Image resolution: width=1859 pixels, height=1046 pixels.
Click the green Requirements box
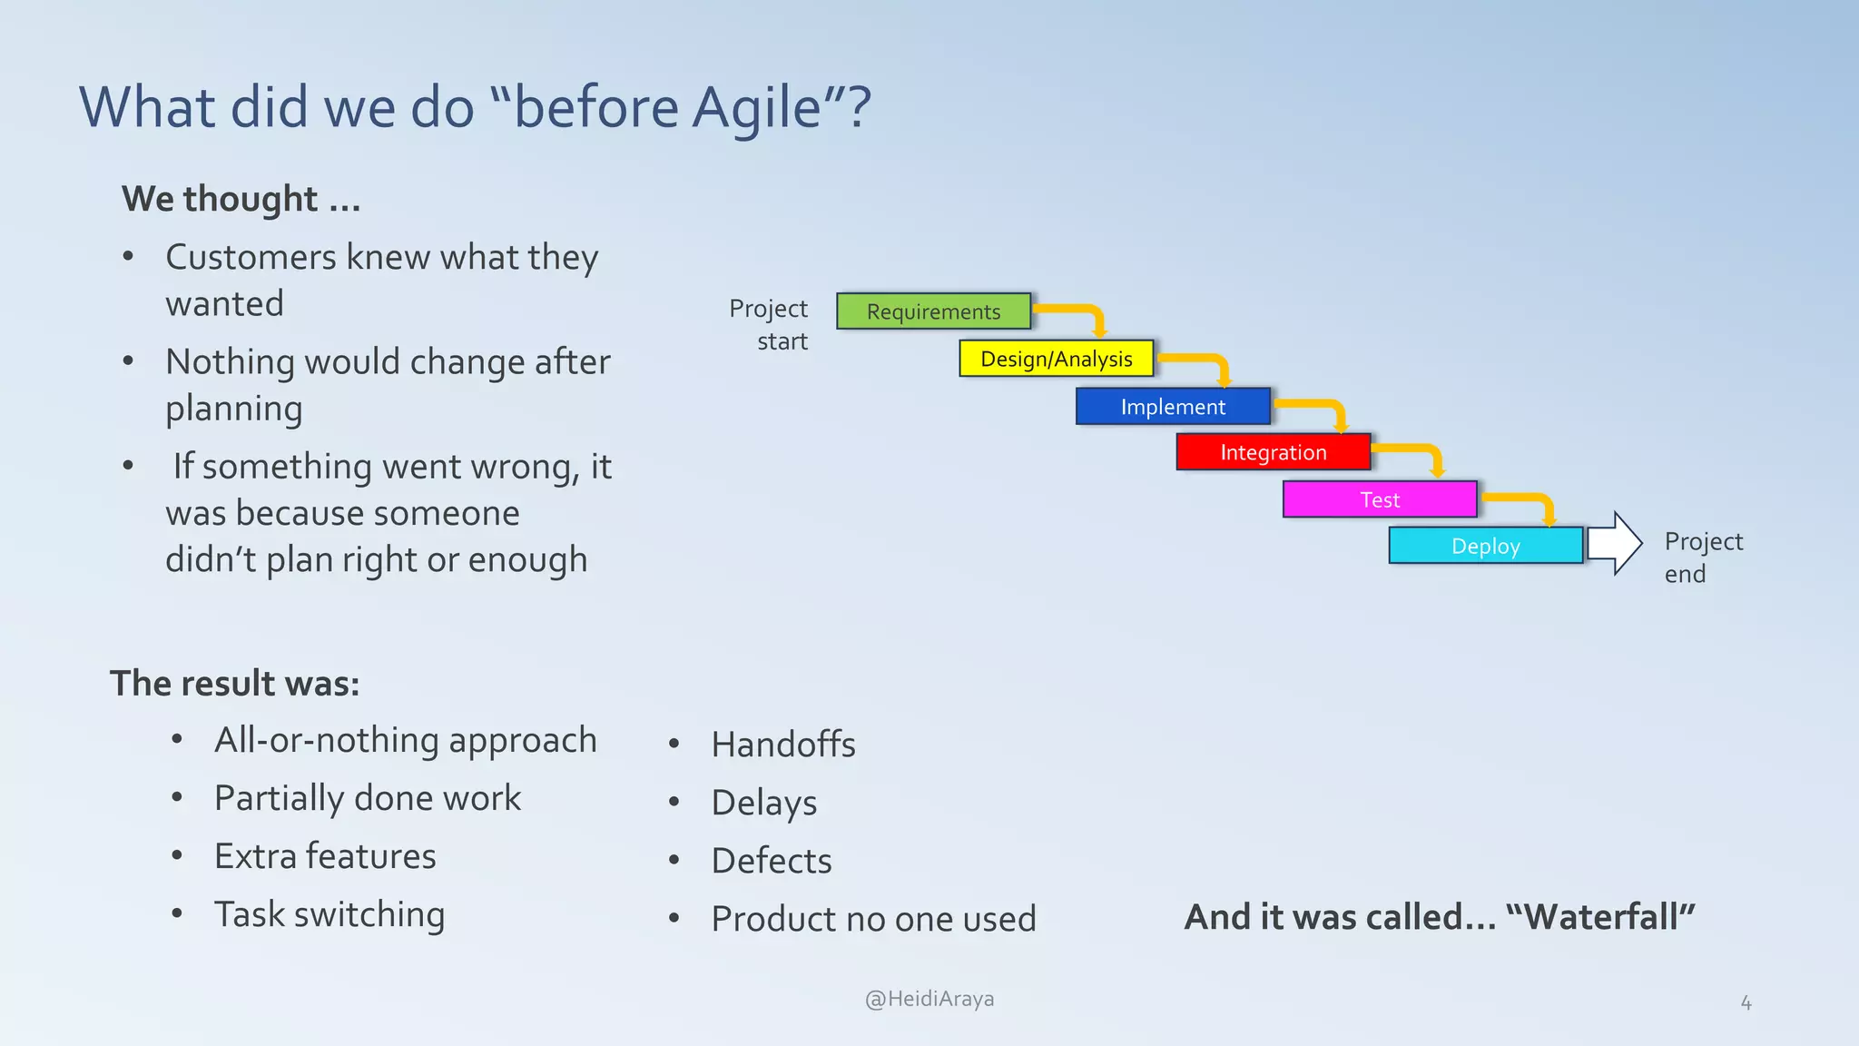coord(933,311)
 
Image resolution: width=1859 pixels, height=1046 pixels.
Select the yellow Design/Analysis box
coord(1056,359)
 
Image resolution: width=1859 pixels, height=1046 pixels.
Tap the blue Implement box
coord(1172,407)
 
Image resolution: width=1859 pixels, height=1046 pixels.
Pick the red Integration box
coord(1273,452)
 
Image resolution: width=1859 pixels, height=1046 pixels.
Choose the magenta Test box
coord(1379,499)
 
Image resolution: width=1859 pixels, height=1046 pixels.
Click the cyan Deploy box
coord(1485,546)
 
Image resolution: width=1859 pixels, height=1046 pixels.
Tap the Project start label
coord(769,324)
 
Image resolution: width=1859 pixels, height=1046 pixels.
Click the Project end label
coord(1702,557)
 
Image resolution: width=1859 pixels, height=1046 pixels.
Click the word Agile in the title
coord(756,108)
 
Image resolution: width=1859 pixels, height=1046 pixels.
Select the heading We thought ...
coord(241,199)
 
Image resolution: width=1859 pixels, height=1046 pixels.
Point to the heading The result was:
coord(234,683)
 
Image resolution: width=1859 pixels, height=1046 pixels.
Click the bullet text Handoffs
coord(782,745)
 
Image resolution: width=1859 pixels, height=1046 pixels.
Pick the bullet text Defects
coord(771,861)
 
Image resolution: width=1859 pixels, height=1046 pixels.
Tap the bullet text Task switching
coord(330,914)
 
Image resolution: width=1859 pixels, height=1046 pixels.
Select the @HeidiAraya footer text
coord(929,999)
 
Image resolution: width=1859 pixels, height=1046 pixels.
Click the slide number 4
coord(1745,1003)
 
